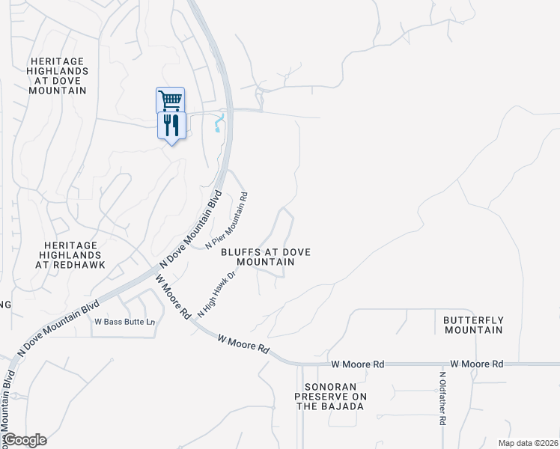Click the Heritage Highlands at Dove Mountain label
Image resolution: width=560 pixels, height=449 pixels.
click(58, 76)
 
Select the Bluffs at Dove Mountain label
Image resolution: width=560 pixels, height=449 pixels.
click(266, 257)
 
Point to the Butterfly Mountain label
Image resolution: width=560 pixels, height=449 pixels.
click(473, 325)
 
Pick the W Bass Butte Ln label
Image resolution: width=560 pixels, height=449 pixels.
click(124, 323)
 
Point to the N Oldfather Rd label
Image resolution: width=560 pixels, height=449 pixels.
click(442, 399)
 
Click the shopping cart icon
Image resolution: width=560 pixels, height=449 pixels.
click(171, 100)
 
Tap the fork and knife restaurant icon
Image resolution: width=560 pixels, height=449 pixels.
click(171, 124)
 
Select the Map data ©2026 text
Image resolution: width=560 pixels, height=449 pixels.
click(528, 442)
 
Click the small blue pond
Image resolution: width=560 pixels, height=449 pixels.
click(219, 123)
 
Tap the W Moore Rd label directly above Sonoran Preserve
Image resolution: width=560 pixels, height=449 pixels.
click(358, 364)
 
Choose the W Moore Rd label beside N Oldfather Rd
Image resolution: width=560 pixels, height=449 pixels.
click(478, 364)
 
